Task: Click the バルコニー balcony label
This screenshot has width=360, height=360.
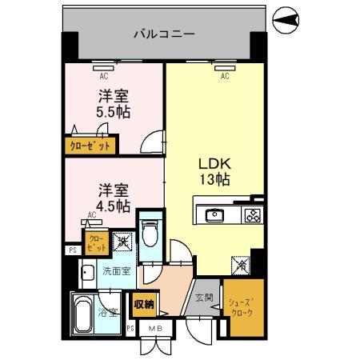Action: pyautogui.click(x=163, y=34)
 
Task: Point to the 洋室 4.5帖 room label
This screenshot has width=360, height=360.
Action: pyautogui.click(x=113, y=198)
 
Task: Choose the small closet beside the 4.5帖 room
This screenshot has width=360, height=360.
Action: pyautogui.click(x=94, y=242)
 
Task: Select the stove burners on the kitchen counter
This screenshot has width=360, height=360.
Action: pyautogui.click(x=251, y=214)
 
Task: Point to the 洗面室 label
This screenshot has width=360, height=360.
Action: pyautogui.click(x=116, y=271)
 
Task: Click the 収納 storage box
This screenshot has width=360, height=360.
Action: pyautogui.click(x=144, y=303)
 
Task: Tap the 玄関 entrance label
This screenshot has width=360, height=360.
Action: pyautogui.click(x=204, y=298)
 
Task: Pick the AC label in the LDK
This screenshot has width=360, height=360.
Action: pyautogui.click(x=225, y=77)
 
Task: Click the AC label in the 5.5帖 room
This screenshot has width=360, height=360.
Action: pyautogui.click(x=104, y=77)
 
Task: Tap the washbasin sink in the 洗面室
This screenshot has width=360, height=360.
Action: pyautogui.click(x=87, y=272)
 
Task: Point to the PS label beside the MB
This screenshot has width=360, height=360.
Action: pyautogui.click(x=130, y=329)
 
